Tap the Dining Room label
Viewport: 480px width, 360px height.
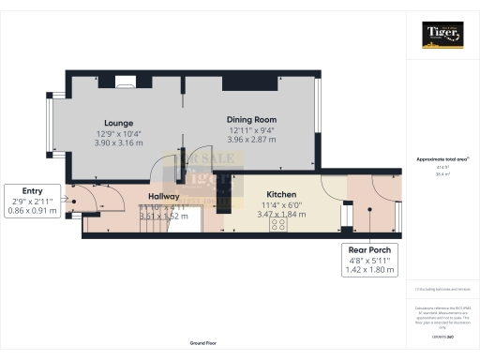[252, 120]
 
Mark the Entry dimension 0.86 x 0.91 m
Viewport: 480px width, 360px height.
[33, 211]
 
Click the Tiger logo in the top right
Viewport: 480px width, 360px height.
[442, 36]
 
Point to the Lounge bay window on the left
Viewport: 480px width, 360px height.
[50, 127]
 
